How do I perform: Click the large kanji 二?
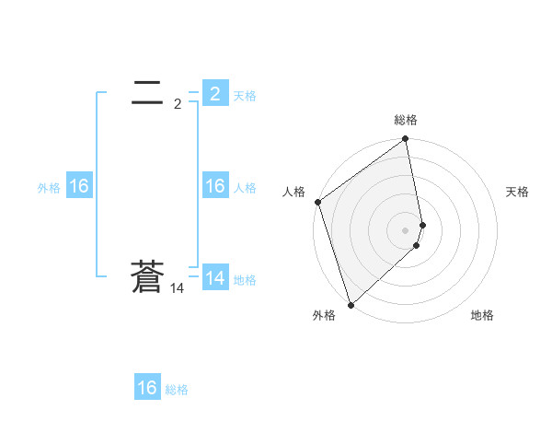coord(147,91)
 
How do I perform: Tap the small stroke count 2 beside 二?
coord(177,104)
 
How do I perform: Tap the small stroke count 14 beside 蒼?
coord(177,289)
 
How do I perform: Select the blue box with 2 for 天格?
coord(214,93)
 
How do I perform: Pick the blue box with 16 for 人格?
coord(214,186)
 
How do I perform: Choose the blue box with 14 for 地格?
coord(214,277)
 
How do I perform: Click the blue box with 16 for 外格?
coord(78,186)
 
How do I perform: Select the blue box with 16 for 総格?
coord(147,388)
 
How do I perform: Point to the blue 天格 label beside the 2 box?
coord(245,95)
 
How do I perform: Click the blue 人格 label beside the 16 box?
coord(245,188)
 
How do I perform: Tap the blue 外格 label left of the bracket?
coord(49,188)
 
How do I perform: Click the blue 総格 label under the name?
coord(177,390)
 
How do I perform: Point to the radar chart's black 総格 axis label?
coord(406,120)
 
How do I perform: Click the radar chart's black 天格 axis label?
coord(518,192)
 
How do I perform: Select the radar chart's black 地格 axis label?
coord(482,315)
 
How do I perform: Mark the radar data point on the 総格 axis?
coord(406,140)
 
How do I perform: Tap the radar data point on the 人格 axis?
coord(317,202)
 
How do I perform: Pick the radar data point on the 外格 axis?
coord(351,304)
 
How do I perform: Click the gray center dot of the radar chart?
coord(406,229)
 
